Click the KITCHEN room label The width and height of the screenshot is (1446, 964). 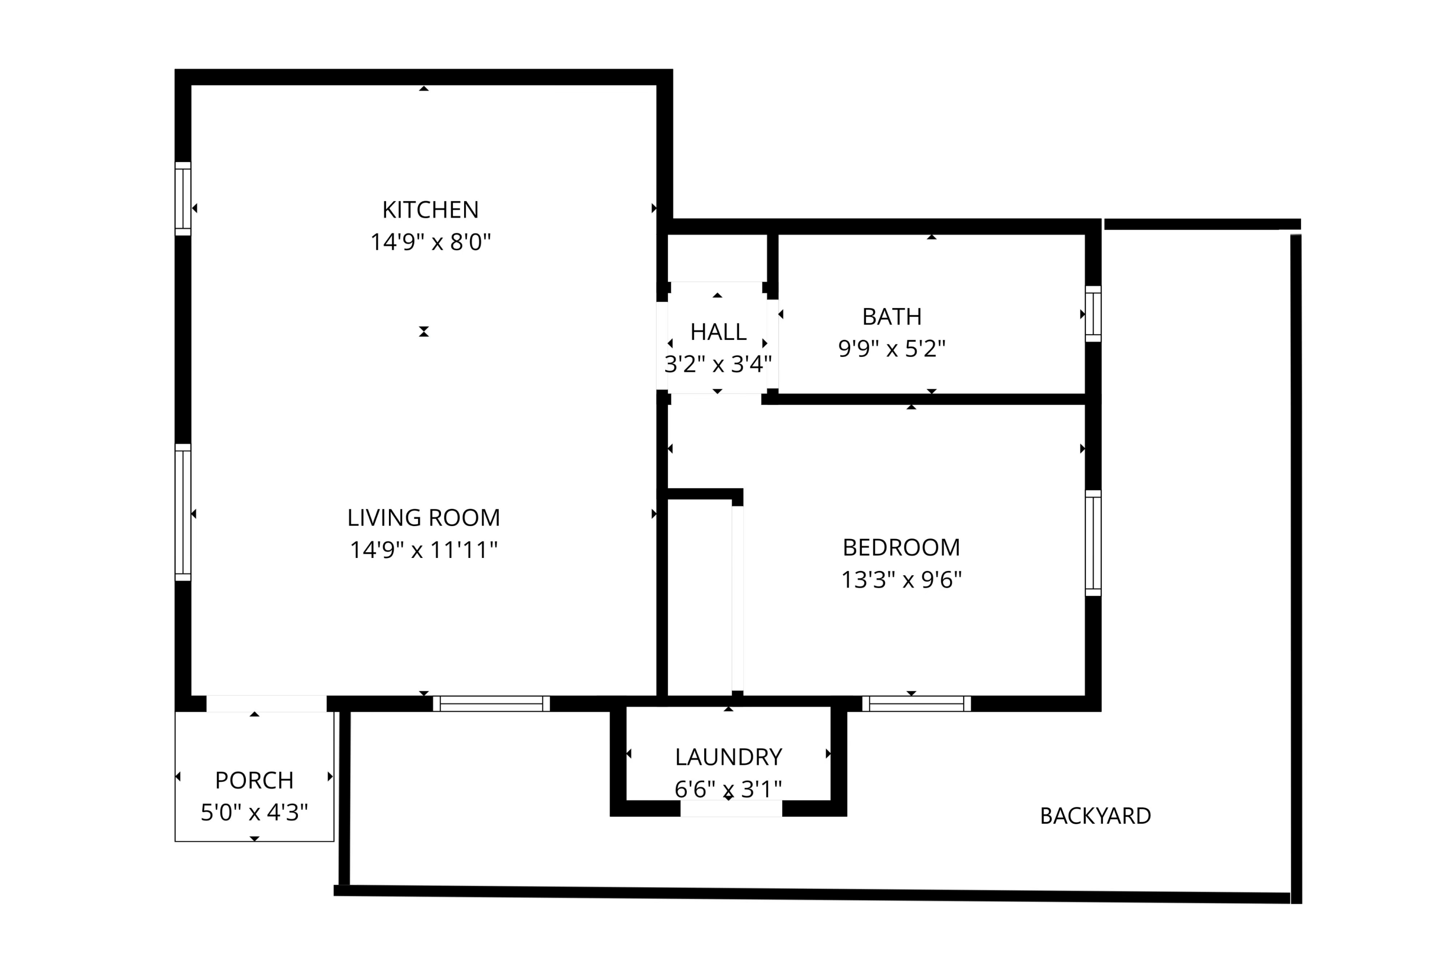[429, 210]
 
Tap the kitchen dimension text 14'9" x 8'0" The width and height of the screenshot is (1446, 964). [429, 242]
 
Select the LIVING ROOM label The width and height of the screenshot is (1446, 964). [423, 517]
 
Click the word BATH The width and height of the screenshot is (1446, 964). [891, 317]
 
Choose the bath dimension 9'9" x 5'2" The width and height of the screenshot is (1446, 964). [891, 349]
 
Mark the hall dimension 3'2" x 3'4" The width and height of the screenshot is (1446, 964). [717, 365]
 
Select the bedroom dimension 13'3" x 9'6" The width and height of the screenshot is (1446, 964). [900, 580]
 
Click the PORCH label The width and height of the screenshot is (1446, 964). [254, 781]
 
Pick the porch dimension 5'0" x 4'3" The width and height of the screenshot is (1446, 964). [254, 813]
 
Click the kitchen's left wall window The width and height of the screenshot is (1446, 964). [183, 199]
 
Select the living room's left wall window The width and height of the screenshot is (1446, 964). [183, 512]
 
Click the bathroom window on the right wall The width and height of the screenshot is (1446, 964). [1092, 313]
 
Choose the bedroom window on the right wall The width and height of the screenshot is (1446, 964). [1092, 543]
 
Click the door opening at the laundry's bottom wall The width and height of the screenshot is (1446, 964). [730, 808]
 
